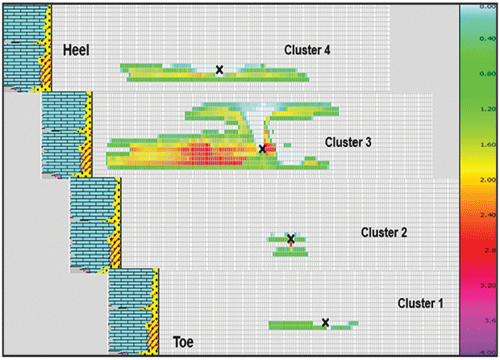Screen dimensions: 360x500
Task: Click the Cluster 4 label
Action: [307, 50]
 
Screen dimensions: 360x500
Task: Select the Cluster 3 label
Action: [348, 142]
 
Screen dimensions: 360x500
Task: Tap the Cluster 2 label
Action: [384, 232]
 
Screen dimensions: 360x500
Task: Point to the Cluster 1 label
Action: [420, 303]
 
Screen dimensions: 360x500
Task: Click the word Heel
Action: [76, 51]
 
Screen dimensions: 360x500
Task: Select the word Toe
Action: [183, 341]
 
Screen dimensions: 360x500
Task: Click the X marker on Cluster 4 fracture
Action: [219, 70]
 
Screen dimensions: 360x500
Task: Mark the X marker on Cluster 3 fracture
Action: [262, 149]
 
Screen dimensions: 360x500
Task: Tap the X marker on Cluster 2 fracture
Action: [291, 239]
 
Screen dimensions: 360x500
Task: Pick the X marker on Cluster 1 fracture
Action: [326, 323]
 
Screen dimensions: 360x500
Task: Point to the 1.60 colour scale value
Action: [487, 145]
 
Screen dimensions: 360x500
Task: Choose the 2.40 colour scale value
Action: [487, 216]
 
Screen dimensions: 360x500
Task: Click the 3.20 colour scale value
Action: [487, 286]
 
